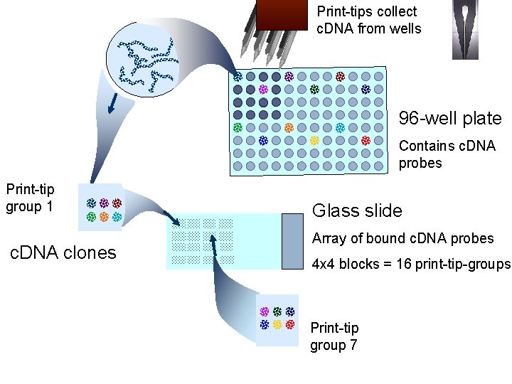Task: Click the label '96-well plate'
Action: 449,119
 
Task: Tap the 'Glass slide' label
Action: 357,210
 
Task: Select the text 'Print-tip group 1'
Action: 30,198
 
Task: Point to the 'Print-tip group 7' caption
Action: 334,336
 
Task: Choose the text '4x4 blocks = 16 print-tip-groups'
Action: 411,265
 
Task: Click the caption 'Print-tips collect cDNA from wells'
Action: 368,20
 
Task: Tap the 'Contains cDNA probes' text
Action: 447,154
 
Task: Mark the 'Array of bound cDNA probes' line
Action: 402,239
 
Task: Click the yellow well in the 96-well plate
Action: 314,141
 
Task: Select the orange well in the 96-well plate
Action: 289,128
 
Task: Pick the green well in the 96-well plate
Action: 238,128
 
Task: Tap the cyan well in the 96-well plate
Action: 340,128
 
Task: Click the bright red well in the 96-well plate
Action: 366,141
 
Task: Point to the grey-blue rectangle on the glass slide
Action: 293,240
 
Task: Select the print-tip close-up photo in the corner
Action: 471,29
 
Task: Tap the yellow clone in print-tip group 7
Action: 277,324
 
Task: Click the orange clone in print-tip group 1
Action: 104,216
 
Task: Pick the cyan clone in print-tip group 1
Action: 117,216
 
